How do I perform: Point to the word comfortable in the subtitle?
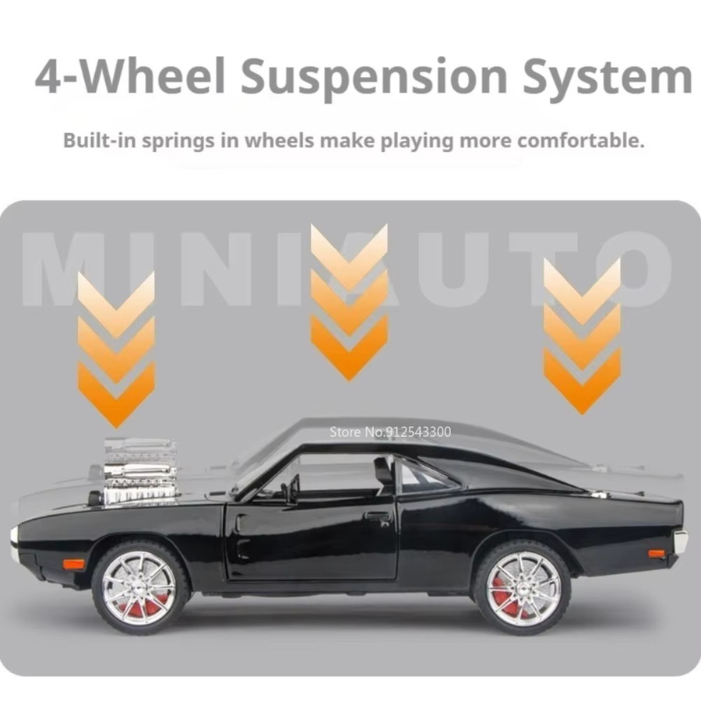click(x=580, y=140)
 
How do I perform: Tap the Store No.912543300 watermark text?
click(x=390, y=432)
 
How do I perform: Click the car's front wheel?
click(x=140, y=587)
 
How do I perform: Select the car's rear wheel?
click(x=521, y=587)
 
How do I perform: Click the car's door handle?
click(x=378, y=516)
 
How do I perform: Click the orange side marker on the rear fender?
click(x=657, y=554)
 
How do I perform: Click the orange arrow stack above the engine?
click(x=116, y=349)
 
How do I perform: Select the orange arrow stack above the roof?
click(x=349, y=301)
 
